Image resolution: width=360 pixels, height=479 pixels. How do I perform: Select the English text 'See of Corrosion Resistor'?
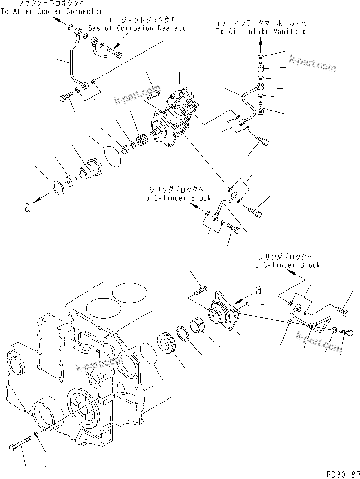[x=139, y=28]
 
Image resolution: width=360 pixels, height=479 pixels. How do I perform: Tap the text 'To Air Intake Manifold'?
[x=260, y=31]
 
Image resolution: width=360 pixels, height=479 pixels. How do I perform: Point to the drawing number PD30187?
[x=342, y=473]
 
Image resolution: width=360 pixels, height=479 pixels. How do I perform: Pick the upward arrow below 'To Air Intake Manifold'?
[x=260, y=45]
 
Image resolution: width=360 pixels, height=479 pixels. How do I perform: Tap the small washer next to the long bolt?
[x=38, y=435]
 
